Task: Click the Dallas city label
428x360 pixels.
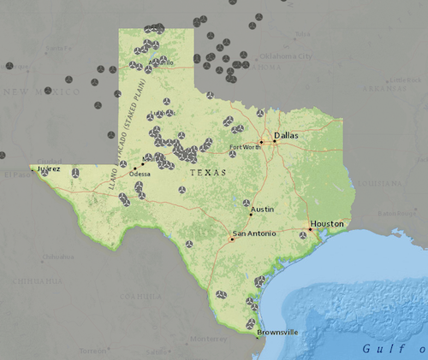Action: point(285,135)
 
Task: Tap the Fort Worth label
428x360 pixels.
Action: point(246,148)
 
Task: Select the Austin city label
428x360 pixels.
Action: point(262,208)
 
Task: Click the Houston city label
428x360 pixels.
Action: point(327,223)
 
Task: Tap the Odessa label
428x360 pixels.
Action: point(139,174)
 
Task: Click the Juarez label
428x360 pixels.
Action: point(50,168)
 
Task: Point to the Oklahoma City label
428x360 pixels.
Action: point(282,56)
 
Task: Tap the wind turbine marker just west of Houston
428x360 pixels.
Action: point(302,235)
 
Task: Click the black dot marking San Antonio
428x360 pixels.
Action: point(232,239)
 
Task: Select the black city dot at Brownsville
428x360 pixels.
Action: point(256,337)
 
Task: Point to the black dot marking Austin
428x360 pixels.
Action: point(250,213)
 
